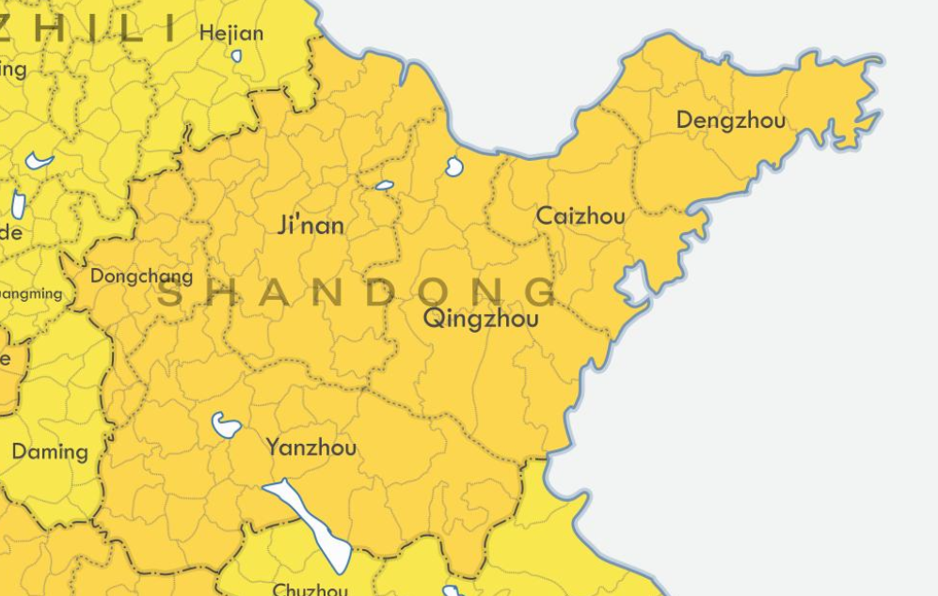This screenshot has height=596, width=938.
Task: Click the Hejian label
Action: (231, 34)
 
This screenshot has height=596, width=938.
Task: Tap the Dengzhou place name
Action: (730, 120)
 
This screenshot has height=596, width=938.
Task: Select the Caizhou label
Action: (580, 216)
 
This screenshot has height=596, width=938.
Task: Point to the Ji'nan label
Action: (311, 226)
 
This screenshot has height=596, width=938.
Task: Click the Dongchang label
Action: (141, 276)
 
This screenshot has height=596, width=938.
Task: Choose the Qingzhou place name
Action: (481, 319)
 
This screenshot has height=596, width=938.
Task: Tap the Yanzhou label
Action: (311, 447)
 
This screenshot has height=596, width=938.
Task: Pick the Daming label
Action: (50, 452)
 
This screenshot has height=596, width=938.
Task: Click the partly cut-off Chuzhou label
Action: (310, 589)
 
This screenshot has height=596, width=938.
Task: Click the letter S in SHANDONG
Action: (169, 292)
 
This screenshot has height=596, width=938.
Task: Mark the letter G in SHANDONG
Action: (543, 292)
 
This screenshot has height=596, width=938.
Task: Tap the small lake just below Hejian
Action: (236, 56)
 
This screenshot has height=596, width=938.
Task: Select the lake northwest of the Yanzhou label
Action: (226, 425)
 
